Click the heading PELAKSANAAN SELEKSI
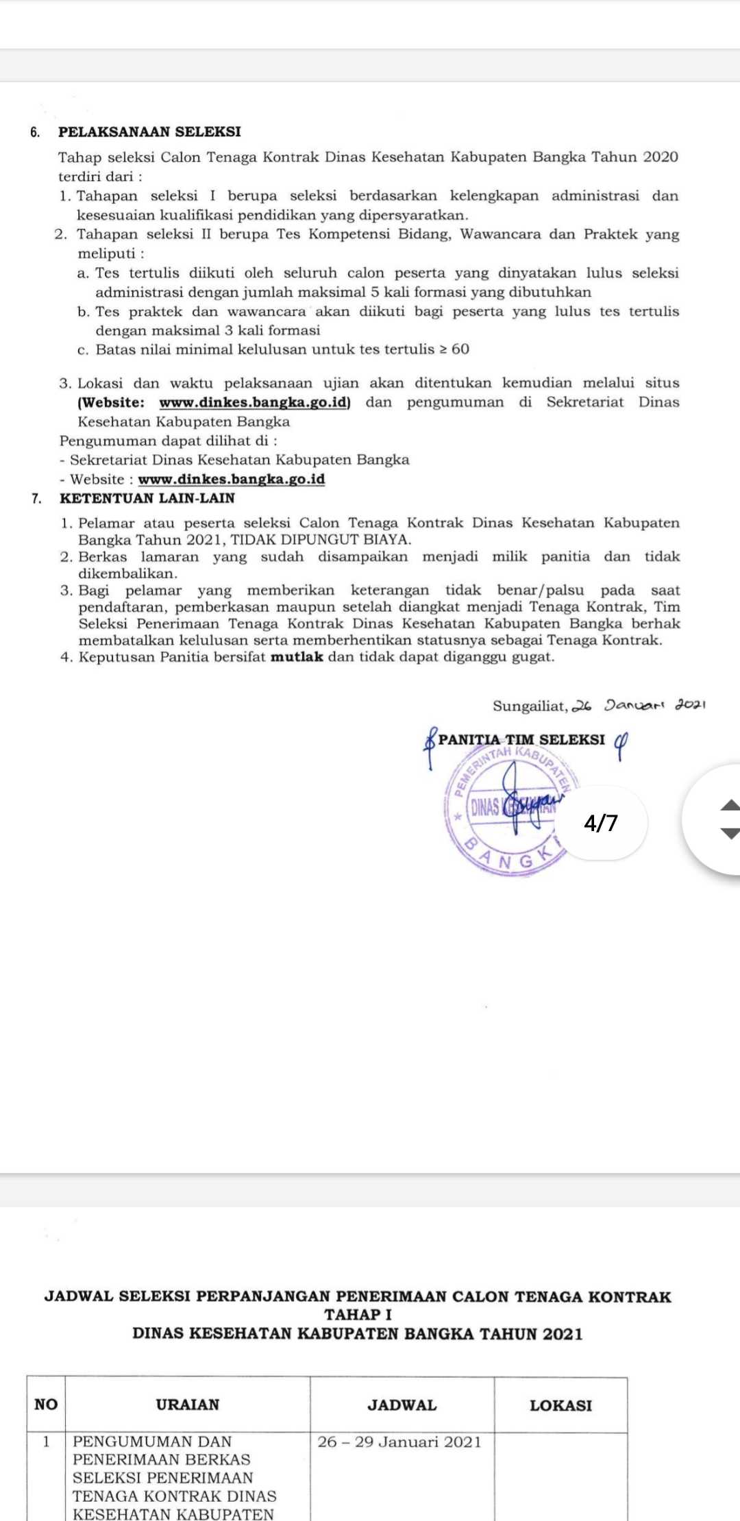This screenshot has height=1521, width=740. click(x=149, y=132)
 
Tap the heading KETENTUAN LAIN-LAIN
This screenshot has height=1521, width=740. click(x=147, y=498)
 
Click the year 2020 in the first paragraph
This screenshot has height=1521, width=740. click(x=661, y=157)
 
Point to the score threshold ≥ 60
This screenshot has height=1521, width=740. click(x=454, y=349)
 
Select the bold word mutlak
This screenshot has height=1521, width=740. click(x=297, y=657)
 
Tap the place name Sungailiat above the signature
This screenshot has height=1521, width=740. click(x=530, y=706)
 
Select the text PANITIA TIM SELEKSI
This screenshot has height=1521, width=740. click(x=521, y=740)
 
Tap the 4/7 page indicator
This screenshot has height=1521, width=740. click(x=601, y=822)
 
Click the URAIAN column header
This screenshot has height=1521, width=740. click(x=188, y=1405)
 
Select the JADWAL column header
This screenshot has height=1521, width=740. click(x=402, y=1405)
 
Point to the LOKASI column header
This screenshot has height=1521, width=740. click(x=560, y=1405)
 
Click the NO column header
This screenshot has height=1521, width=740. click(x=46, y=1405)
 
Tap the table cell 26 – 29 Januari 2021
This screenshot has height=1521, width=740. click(x=399, y=1442)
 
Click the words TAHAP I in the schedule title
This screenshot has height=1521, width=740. click(x=358, y=1315)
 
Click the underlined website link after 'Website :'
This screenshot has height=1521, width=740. click(x=232, y=480)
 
